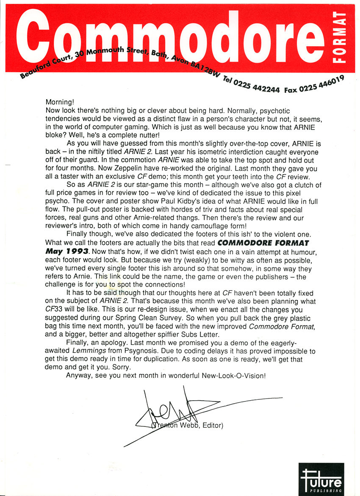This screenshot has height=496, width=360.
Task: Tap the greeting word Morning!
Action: tap(60, 102)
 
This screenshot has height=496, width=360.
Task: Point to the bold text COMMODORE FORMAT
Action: tap(263, 243)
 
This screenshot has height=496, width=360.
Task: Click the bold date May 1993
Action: tap(67, 251)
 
